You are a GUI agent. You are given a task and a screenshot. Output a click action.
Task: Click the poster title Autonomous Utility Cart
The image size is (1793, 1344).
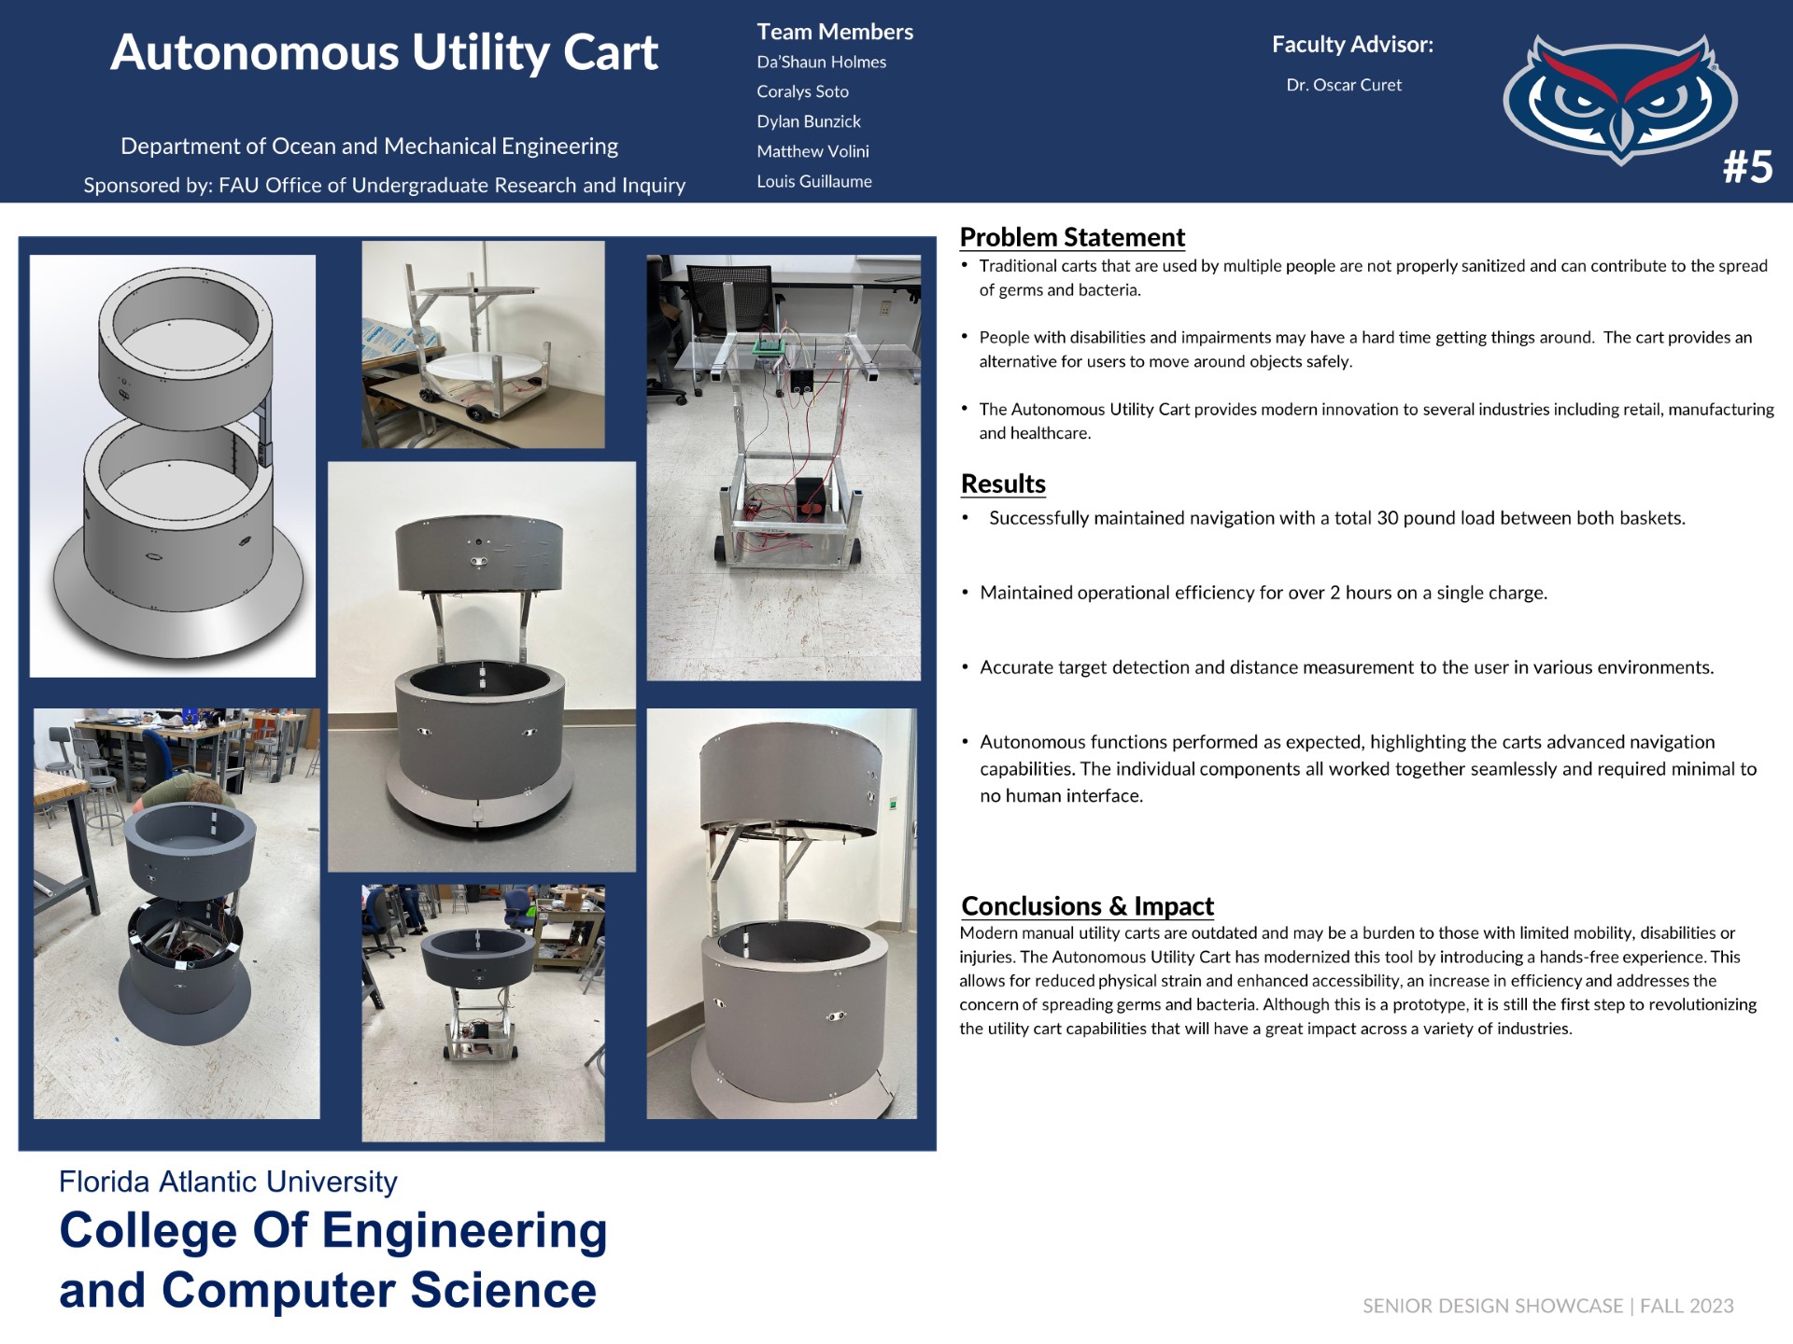[x=384, y=52]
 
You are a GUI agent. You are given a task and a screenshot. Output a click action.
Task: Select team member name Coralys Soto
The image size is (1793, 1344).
[x=802, y=91]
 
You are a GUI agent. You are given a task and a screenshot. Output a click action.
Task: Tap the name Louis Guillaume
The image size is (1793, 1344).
[x=814, y=181]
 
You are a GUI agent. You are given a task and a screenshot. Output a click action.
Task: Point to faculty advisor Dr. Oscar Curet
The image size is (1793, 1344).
[x=1344, y=85]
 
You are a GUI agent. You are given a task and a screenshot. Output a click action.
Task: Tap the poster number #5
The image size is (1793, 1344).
[x=1747, y=167]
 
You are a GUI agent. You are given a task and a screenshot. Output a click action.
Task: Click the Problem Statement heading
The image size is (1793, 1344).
[x=1072, y=237]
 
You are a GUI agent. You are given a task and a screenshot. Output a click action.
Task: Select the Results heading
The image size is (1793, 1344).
[x=1003, y=483]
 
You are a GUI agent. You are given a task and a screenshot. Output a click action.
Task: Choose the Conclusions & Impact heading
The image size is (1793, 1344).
[x=1087, y=905]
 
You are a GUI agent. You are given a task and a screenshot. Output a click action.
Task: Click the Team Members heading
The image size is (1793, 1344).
[x=835, y=32]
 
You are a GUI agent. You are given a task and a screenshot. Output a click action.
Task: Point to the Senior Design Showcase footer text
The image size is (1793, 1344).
[x=1547, y=1306]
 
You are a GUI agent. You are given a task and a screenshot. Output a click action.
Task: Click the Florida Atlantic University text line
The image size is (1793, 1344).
[x=228, y=1182]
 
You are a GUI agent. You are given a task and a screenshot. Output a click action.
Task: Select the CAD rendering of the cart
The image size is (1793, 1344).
[x=173, y=466]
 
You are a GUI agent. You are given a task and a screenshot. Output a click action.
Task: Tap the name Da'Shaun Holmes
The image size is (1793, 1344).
[x=821, y=62]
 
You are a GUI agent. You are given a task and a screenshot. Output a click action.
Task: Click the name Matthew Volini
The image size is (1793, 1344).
[x=812, y=151]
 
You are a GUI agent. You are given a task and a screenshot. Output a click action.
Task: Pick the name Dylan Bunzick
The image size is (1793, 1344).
[x=809, y=121]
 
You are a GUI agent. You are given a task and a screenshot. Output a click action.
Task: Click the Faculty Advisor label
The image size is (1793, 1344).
[x=1352, y=44]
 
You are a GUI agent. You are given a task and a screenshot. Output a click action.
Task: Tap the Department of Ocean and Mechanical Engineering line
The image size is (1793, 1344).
[x=369, y=147]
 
